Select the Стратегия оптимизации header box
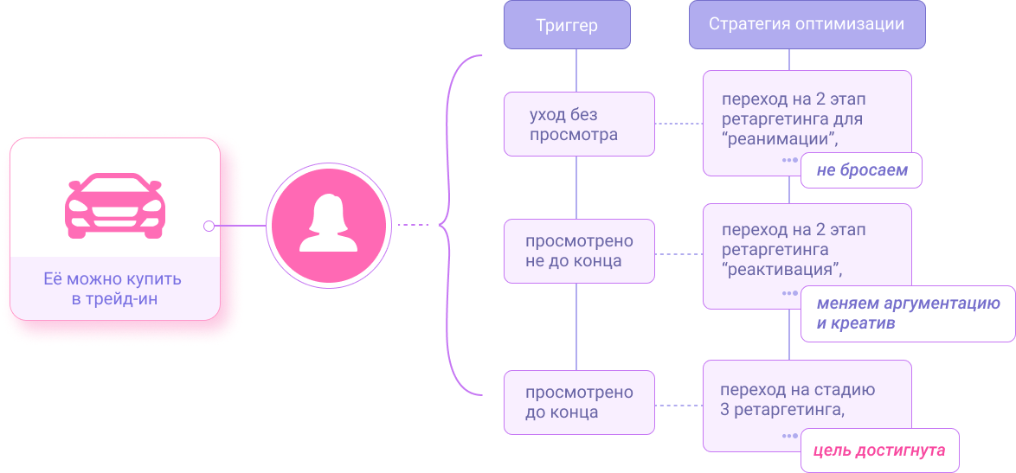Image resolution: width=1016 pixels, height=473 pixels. [807, 24]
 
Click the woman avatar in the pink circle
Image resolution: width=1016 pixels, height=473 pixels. [328, 225]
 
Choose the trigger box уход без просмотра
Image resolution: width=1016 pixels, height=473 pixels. [579, 125]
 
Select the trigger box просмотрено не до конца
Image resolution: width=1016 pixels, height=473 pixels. [579, 251]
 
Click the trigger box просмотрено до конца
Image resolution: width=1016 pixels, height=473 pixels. [579, 402]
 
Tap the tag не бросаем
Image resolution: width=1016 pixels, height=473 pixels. [861, 170]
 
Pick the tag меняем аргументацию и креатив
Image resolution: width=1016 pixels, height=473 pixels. [907, 314]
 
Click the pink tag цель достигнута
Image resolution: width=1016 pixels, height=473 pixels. [879, 451]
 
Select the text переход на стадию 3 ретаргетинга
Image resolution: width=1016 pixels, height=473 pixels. [798, 399]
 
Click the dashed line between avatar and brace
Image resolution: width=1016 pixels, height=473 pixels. [413, 225]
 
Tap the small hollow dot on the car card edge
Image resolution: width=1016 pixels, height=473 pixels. [209, 226]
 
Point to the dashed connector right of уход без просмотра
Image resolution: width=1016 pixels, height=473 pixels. [678, 124]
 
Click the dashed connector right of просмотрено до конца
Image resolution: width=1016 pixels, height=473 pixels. [678, 403]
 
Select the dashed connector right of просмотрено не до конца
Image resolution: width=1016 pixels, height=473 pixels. [678, 253]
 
